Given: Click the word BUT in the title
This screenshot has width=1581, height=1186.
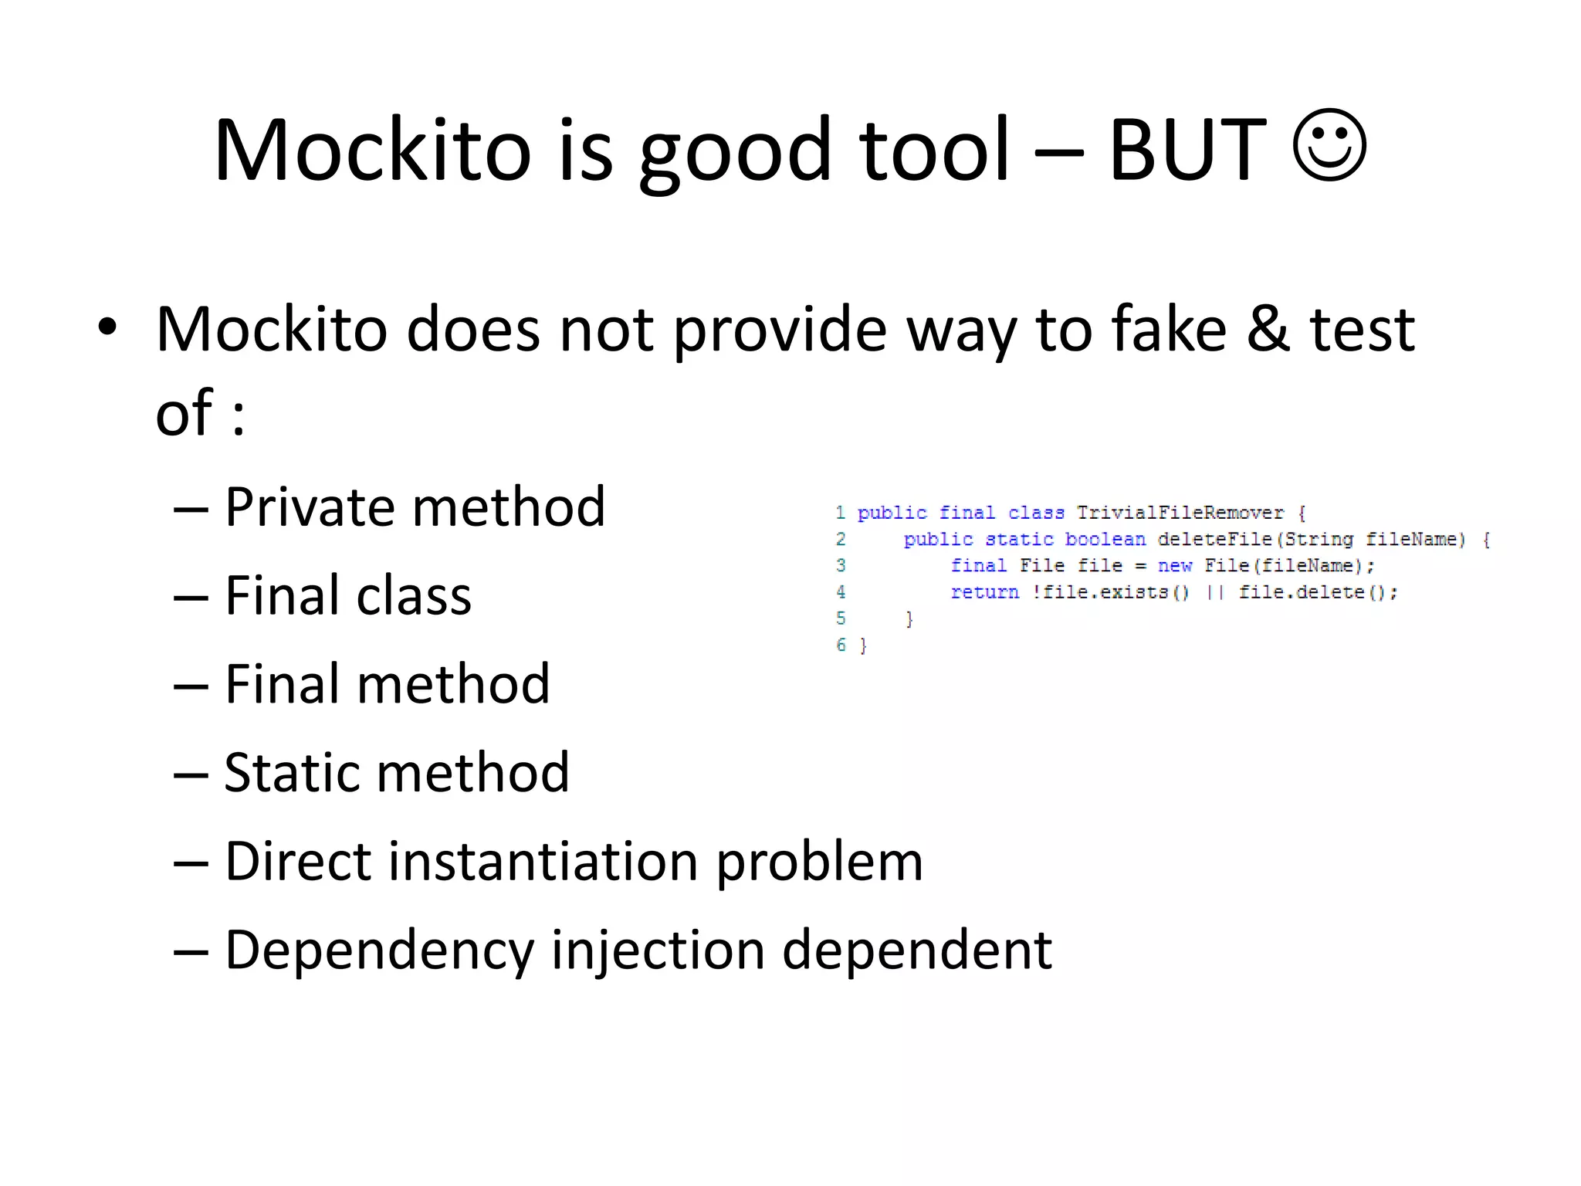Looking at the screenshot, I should tap(1187, 151).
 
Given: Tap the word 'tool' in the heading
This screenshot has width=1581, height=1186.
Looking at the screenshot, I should tap(934, 151).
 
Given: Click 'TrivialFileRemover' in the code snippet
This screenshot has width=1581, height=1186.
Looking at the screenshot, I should tap(1180, 513).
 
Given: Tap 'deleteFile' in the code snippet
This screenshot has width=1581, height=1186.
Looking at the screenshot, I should tap(1214, 540).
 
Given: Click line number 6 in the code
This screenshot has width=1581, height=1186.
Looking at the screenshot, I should tap(841, 645).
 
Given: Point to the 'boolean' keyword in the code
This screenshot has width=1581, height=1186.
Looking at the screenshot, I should tap(1105, 540).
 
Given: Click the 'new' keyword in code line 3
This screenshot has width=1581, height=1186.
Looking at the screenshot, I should tap(1174, 566).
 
